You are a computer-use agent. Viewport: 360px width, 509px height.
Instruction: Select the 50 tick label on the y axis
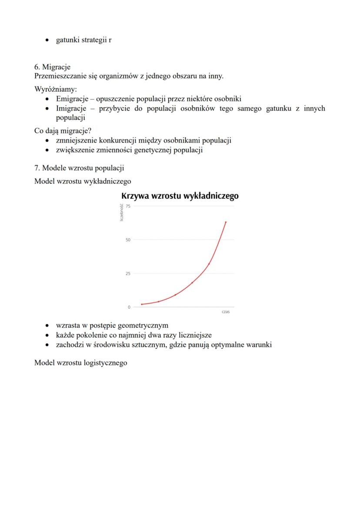pyautogui.click(x=128, y=240)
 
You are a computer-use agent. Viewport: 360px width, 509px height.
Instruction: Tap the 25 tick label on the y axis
pyautogui.click(x=128, y=273)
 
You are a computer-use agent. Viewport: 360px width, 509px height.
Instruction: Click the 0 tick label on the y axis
pyautogui.click(x=129, y=307)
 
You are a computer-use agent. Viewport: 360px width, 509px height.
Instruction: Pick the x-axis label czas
pyautogui.click(x=225, y=312)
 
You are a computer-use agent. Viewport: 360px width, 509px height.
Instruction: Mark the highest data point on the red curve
pyautogui.click(x=226, y=222)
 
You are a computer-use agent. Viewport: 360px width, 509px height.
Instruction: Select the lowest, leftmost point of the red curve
pyautogui.click(x=142, y=304)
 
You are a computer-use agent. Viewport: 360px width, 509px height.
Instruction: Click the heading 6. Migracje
pyautogui.click(x=52, y=67)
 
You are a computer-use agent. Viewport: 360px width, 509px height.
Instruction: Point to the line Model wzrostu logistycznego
pyautogui.click(x=81, y=363)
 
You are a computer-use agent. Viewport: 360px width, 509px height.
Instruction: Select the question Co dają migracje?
pyautogui.click(x=60, y=131)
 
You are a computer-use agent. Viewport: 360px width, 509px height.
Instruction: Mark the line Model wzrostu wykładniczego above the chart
pyautogui.click(x=83, y=180)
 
